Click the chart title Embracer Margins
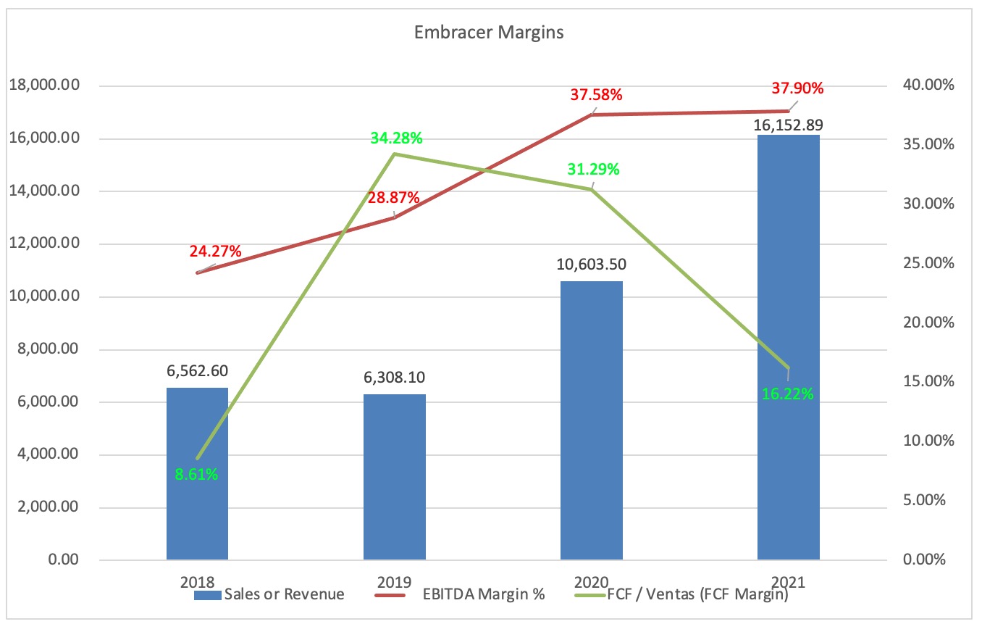[x=490, y=33]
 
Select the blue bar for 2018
[x=197, y=507]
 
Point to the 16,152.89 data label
[x=789, y=124]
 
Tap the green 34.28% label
[x=396, y=138]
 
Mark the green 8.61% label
[x=196, y=475]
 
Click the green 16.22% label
[x=788, y=394]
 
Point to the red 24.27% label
[x=216, y=252]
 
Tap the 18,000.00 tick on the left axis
[x=43, y=86]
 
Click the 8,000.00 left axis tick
[x=47, y=350]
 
